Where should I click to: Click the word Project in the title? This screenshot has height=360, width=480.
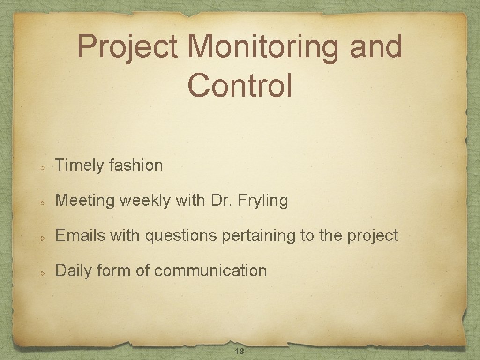point(127,47)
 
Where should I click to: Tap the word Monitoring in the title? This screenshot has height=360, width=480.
point(262,47)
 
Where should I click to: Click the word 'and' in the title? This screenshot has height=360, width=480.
point(375,46)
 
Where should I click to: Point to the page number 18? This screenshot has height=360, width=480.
point(239,352)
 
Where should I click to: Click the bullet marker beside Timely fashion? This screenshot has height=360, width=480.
point(42,167)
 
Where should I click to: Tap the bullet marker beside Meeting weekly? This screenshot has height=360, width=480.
point(42,202)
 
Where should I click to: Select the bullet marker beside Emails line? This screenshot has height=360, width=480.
point(42,238)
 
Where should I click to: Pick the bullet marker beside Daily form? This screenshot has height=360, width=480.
point(42,273)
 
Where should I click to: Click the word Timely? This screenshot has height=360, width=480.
point(79,165)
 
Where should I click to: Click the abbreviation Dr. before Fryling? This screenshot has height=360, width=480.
point(222,200)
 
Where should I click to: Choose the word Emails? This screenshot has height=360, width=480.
point(81,235)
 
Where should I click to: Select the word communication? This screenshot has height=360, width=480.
point(210,270)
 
